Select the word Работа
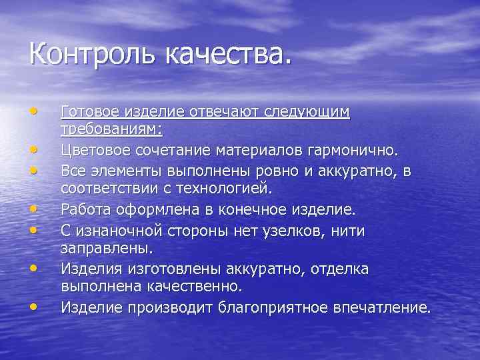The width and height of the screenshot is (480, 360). click(83, 210)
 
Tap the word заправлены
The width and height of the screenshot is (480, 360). click(107, 249)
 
